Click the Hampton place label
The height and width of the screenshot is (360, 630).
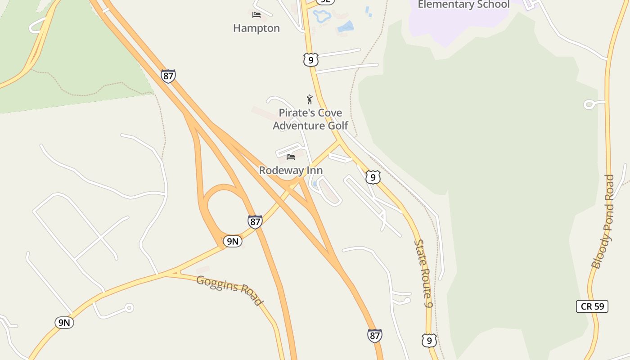pyautogui.click(x=256, y=28)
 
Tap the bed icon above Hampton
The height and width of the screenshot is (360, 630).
pyautogui.click(x=256, y=15)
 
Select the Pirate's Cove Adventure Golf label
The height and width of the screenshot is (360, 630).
pyautogui.click(x=310, y=119)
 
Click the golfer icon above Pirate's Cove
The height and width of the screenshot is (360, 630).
pyautogui.click(x=310, y=99)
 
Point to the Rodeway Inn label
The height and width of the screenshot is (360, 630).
pyautogui.click(x=291, y=171)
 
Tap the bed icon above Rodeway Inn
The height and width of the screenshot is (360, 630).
pyautogui.click(x=291, y=157)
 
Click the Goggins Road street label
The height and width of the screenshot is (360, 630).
pyautogui.click(x=229, y=290)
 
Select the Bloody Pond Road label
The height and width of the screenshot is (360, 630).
pyautogui.click(x=603, y=221)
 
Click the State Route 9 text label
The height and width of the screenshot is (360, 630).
pyautogui.click(x=423, y=274)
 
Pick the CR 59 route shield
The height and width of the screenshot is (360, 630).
pyautogui.click(x=592, y=306)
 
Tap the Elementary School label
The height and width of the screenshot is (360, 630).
pyautogui.click(x=463, y=4)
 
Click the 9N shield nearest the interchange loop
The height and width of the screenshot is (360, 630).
pyautogui.click(x=232, y=242)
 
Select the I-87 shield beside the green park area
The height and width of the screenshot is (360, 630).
pyautogui.click(x=168, y=76)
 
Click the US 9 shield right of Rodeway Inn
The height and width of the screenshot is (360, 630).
pyautogui.click(x=373, y=177)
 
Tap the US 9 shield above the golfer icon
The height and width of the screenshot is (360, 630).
pyautogui.click(x=310, y=60)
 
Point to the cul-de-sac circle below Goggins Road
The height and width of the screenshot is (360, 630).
pyautogui.click(x=129, y=308)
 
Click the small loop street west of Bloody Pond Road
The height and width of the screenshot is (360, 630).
pyautogui.click(x=589, y=104)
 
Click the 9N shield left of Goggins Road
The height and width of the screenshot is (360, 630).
pyautogui.click(x=64, y=322)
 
